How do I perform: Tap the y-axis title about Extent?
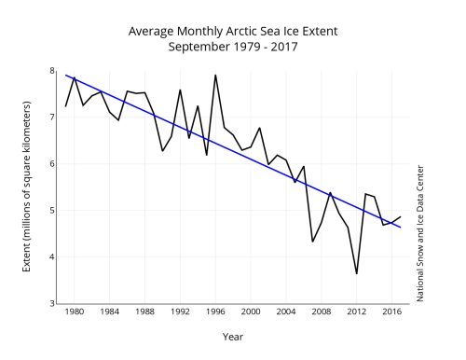[x=25, y=187]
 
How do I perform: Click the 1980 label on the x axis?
[x=75, y=314]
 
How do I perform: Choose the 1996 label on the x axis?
[x=216, y=314]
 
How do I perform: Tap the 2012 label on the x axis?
[x=357, y=314]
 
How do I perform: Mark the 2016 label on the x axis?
[x=392, y=314]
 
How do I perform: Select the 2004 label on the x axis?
[x=286, y=314]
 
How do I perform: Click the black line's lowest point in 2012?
[x=357, y=273]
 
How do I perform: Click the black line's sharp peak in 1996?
[x=215, y=75]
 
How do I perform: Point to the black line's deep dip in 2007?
[x=312, y=242]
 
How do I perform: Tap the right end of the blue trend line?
[x=401, y=228]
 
